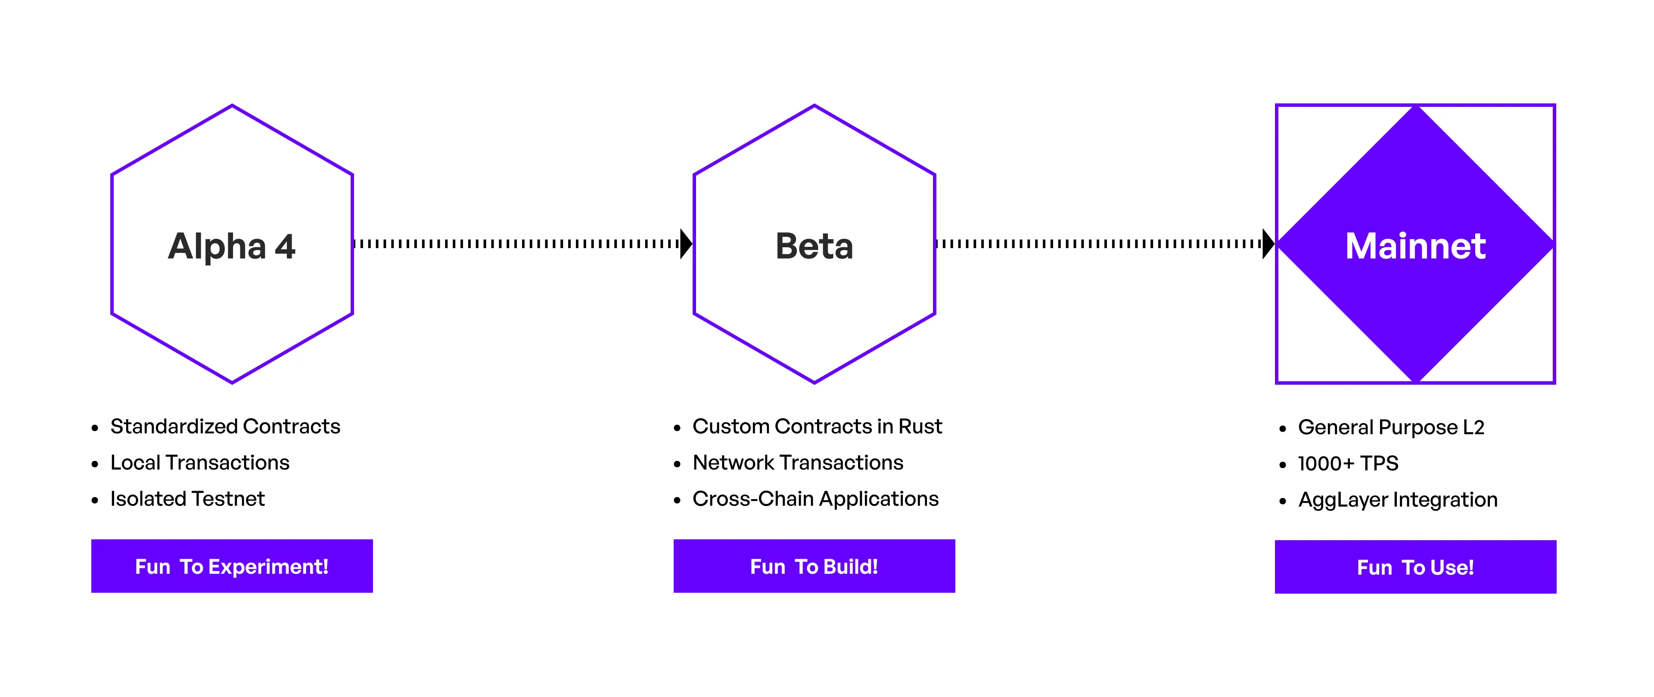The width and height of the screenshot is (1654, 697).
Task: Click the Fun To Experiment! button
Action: click(x=232, y=566)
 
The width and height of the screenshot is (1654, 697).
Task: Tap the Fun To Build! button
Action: click(x=814, y=566)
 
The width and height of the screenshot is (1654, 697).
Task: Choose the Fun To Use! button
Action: click(x=1415, y=566)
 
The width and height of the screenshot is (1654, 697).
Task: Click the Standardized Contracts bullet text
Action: click(x=225, y=426)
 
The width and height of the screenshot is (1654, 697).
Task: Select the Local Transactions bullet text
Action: click(x=200, y=463)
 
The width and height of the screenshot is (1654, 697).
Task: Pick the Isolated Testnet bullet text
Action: click(x=187, y=498)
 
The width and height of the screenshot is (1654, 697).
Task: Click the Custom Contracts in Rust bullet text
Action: click(x=818, y=426)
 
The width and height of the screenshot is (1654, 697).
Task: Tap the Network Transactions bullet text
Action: click(x=798, y=463)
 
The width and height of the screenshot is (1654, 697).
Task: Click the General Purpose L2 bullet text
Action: click(x=1391, y=428)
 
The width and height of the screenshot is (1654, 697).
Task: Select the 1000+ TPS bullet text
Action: click(x=1348, y=463)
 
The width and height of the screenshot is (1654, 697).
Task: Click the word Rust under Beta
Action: click(x=920, y=426)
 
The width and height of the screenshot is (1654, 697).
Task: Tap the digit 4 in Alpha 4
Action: click(x=285, y=247)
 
